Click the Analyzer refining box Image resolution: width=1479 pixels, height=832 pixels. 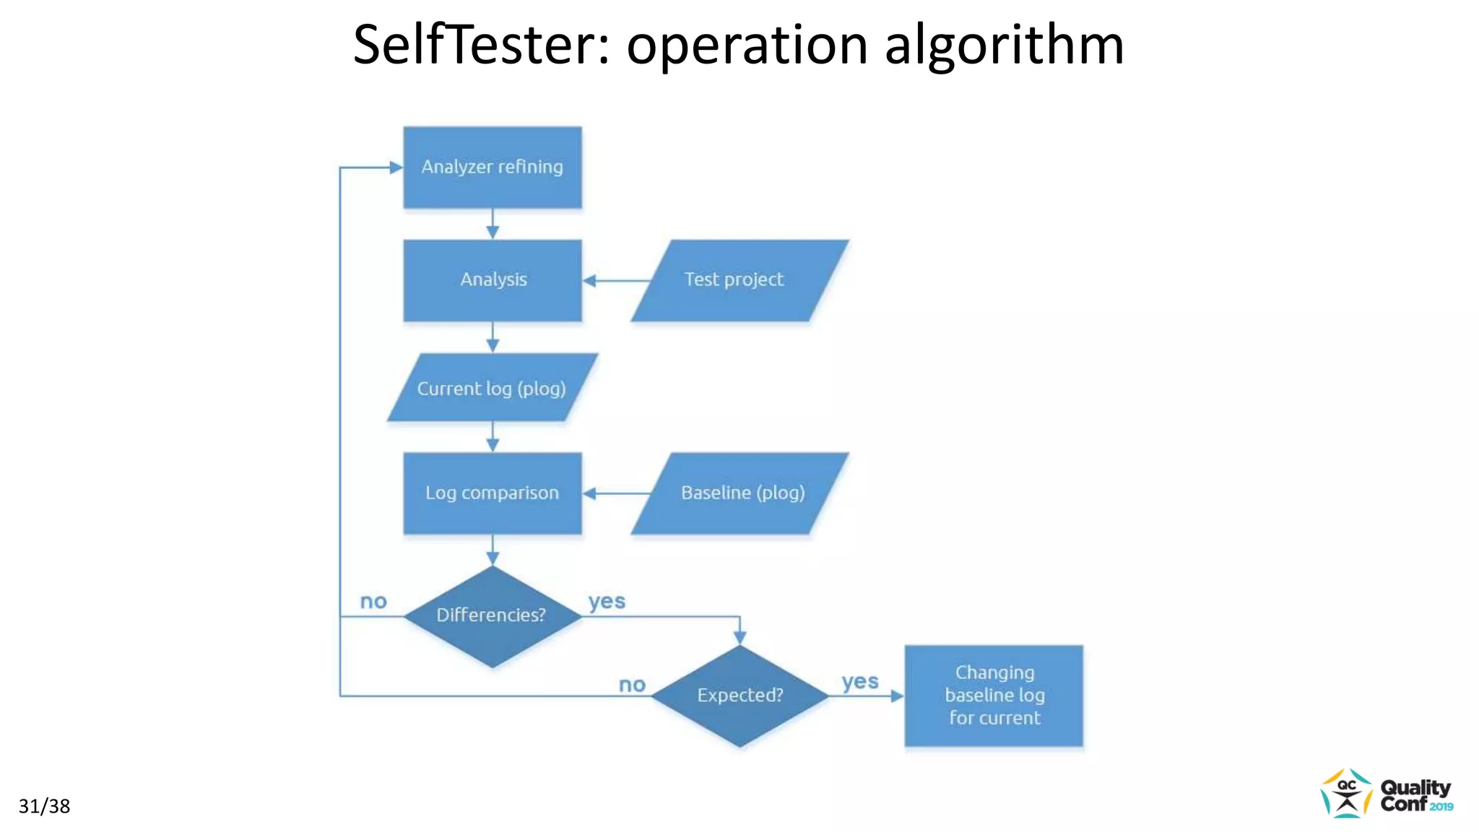click(x=493, y=168)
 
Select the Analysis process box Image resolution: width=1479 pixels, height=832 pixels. click(x=493, y=280)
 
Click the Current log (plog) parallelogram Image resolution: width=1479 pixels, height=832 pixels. click(x=493, y=388)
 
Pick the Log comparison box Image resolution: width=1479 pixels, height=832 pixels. click(x=493, y=493)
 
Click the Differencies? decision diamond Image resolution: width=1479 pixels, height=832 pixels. click(x=493, y=616)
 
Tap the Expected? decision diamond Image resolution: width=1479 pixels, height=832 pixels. click(x=739, y=695)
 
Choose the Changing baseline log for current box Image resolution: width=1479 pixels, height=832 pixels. click(x=994, y=695)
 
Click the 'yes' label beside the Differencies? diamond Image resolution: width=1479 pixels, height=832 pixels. click(x=607, y=601)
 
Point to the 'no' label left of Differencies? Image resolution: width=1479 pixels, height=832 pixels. click(x=373, y=601)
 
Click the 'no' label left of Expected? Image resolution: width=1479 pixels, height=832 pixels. click(x=632, y=685)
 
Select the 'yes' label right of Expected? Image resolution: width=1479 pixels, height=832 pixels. click(x=860, y=681)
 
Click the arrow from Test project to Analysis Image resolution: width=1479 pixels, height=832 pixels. click(x=617, y=281)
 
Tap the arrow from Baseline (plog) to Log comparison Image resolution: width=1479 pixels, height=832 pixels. click(x=617, y=494)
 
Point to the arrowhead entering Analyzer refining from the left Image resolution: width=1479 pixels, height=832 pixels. click(x=396, y=168)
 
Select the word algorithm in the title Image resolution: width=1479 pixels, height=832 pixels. click(x=1005, y=45)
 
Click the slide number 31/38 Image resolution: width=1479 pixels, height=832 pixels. click(x=44, y=806)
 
